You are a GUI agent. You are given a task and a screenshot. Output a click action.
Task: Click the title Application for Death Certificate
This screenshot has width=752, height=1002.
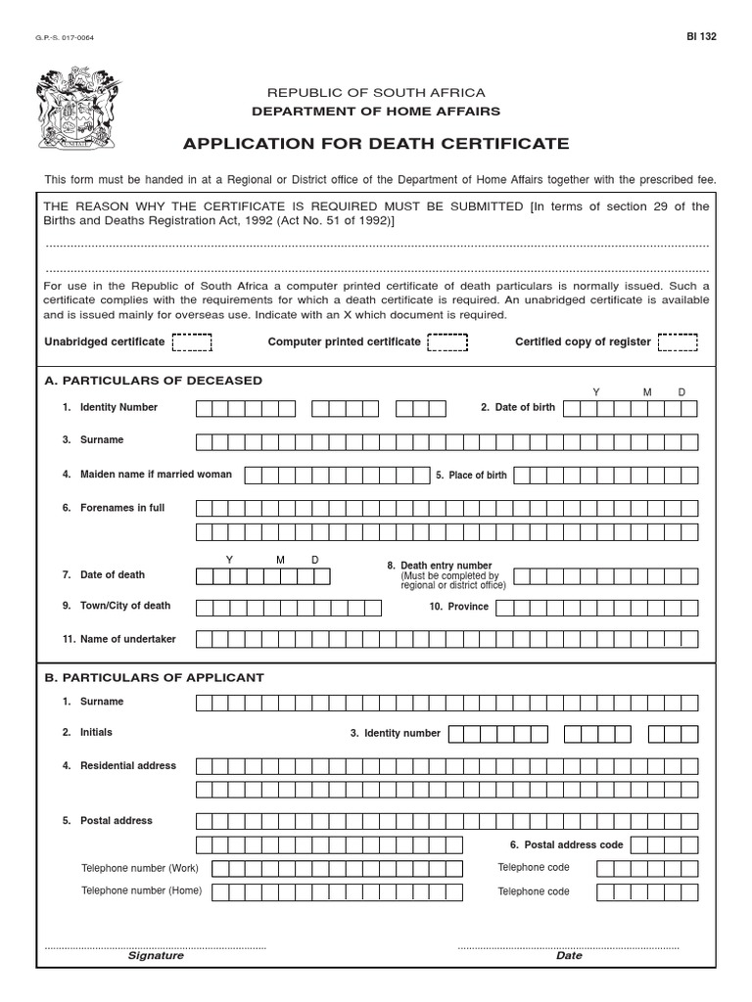click(x=376, y=144)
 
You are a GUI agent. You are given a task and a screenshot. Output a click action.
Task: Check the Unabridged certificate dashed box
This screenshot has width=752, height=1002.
click(x=192, y=342)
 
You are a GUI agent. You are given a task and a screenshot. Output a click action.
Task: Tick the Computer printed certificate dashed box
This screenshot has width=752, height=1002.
click(x=447, y=342)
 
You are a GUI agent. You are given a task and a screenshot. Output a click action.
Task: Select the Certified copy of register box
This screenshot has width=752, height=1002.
click(x=678, y=342)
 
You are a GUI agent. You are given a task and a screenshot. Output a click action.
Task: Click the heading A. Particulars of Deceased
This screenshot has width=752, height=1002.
click(x=154, y=381)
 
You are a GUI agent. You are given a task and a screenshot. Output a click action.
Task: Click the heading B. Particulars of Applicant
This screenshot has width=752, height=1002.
click(x=154, y=677)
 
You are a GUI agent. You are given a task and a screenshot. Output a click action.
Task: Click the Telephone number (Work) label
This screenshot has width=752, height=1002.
click(x=140, y=868)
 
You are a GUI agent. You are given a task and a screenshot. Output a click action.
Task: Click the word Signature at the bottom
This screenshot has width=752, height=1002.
click(x=156, y=956)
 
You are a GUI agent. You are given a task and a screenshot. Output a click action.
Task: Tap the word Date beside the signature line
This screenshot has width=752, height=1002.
click(x=569, y=956)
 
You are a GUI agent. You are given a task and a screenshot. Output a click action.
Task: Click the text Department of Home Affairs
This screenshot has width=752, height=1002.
click(x=376, y=112)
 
